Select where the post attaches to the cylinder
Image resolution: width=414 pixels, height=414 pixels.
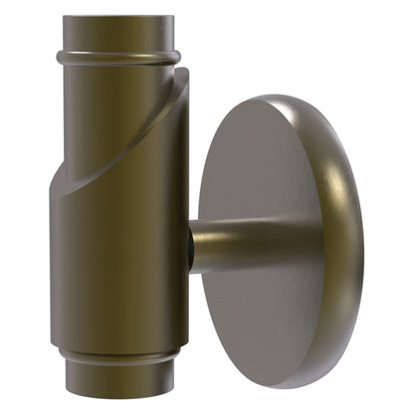point(192,249)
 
